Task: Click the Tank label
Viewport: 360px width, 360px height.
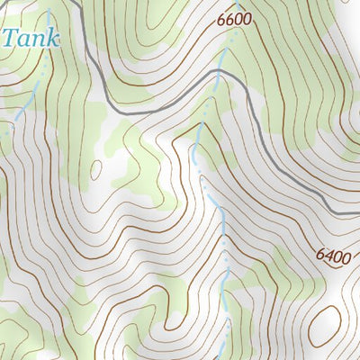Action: pyautogui.click(x=30, y=38)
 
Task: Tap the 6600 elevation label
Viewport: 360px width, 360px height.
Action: pyautogui.click(x=233, y=18)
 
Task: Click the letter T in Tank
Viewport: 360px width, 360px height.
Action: pyautogui.click(x=11, y=38)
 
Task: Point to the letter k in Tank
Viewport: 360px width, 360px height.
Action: pyautogui.click(x=52, y=38)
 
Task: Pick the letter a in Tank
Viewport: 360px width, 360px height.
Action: pyautogui.click(x=24, y=40)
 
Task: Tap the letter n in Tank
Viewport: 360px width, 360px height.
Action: pyautogui.click(x=38, y=40)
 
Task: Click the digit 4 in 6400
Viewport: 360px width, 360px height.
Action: pyautogui.click(x=328, y=256)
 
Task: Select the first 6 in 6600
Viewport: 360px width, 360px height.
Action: pyautogui.click(x=220, y=18)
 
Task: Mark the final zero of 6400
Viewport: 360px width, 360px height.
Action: pyautogui.click(x=345, y=255)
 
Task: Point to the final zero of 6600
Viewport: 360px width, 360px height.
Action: pyautogui.click(x=247, y=18)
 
